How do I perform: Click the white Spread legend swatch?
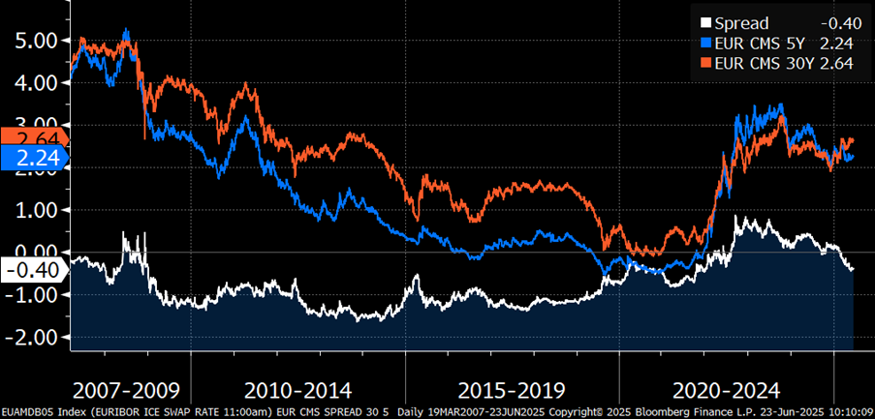pos(705,22)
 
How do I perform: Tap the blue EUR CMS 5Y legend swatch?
pos(705,44)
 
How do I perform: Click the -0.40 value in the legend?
pos(838,22)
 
